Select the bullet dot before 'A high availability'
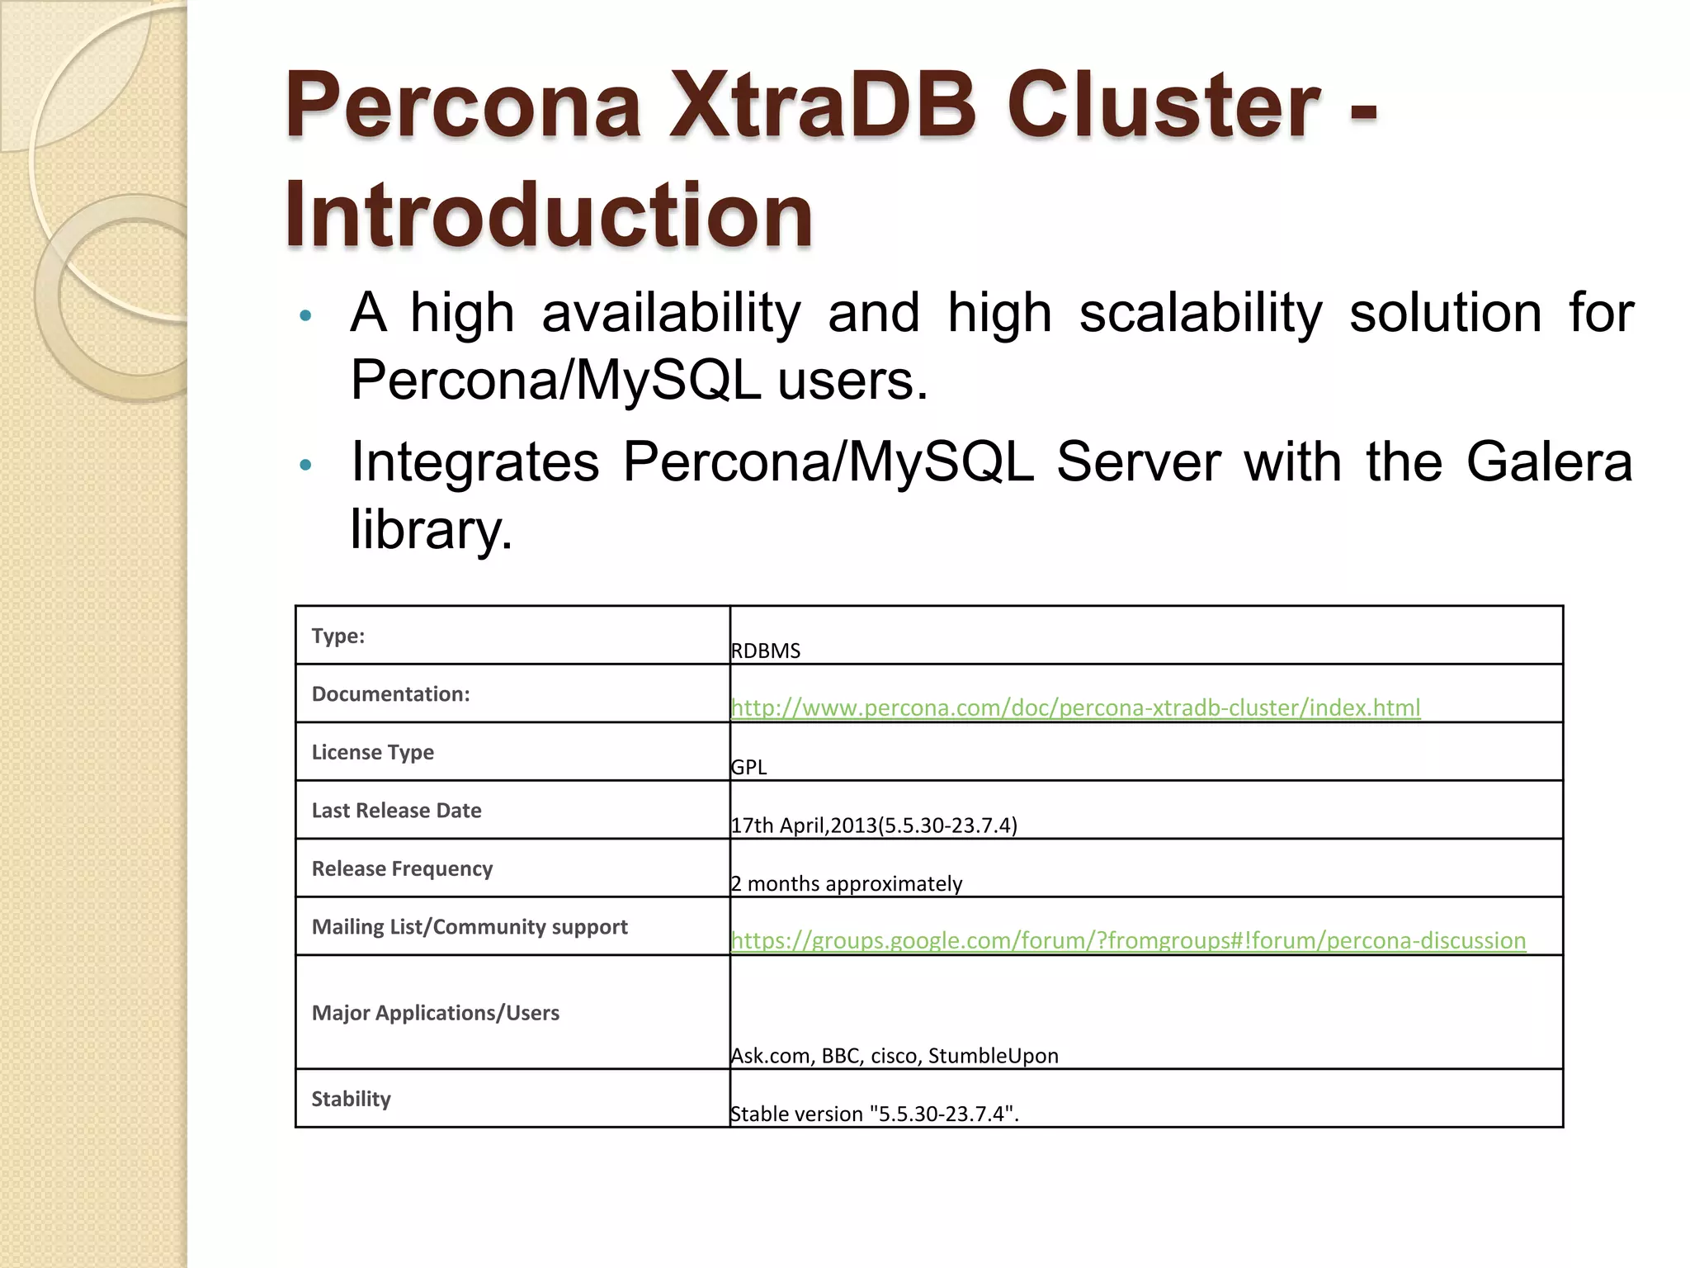coord(305,315)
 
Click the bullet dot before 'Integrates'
coord(305,465)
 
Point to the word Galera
coord(1549,461)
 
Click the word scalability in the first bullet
coord(1201,314)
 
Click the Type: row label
coord(338,636)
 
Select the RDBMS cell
coord(766,651)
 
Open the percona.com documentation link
coord(1075,707)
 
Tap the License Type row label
coord(373,752)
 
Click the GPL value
coord(749,767)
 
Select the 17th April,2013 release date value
coord(874,825)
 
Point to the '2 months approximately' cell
coord(847,883)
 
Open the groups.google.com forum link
coord(1128,940)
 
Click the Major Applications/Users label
coord(436,1013)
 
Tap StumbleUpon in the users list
coord(993,1056)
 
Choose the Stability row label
coord(352,1099)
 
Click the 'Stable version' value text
coord(875,1114)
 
